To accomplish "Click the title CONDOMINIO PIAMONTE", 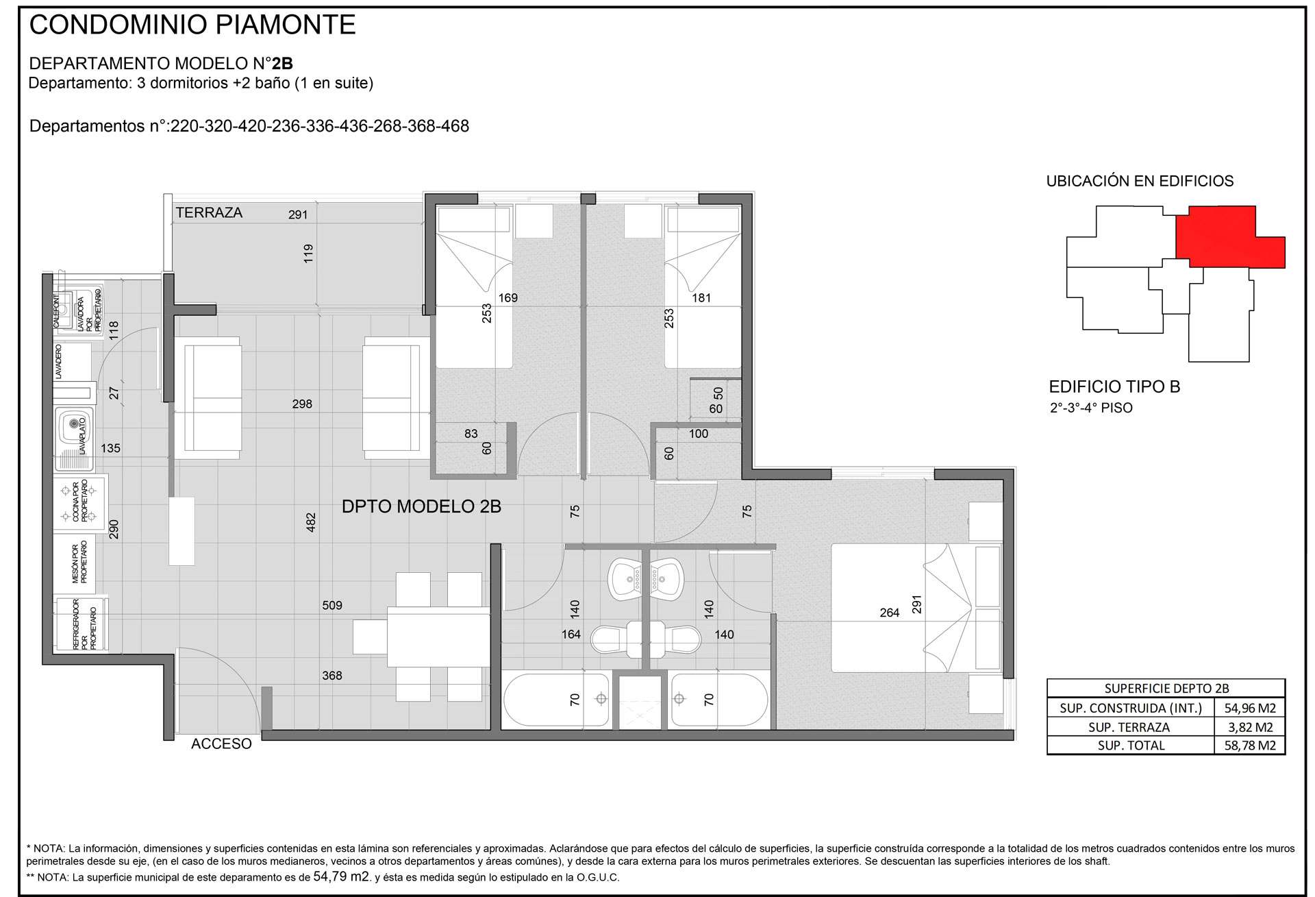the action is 192,25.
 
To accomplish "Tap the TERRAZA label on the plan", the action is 209,212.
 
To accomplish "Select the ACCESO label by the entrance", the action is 221,744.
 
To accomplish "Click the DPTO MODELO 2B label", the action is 421,506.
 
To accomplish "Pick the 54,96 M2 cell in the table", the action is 1250,709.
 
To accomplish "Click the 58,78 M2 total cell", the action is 1250,746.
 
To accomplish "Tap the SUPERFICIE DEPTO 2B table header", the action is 1166,689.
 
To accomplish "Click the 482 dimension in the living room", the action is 310,522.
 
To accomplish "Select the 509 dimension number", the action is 332,605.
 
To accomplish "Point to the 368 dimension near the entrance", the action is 332,676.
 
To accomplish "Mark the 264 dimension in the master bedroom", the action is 890,613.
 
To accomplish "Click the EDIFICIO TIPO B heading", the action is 1114,387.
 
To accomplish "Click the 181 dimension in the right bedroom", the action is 701,298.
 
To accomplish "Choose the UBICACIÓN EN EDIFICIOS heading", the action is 1140,182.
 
